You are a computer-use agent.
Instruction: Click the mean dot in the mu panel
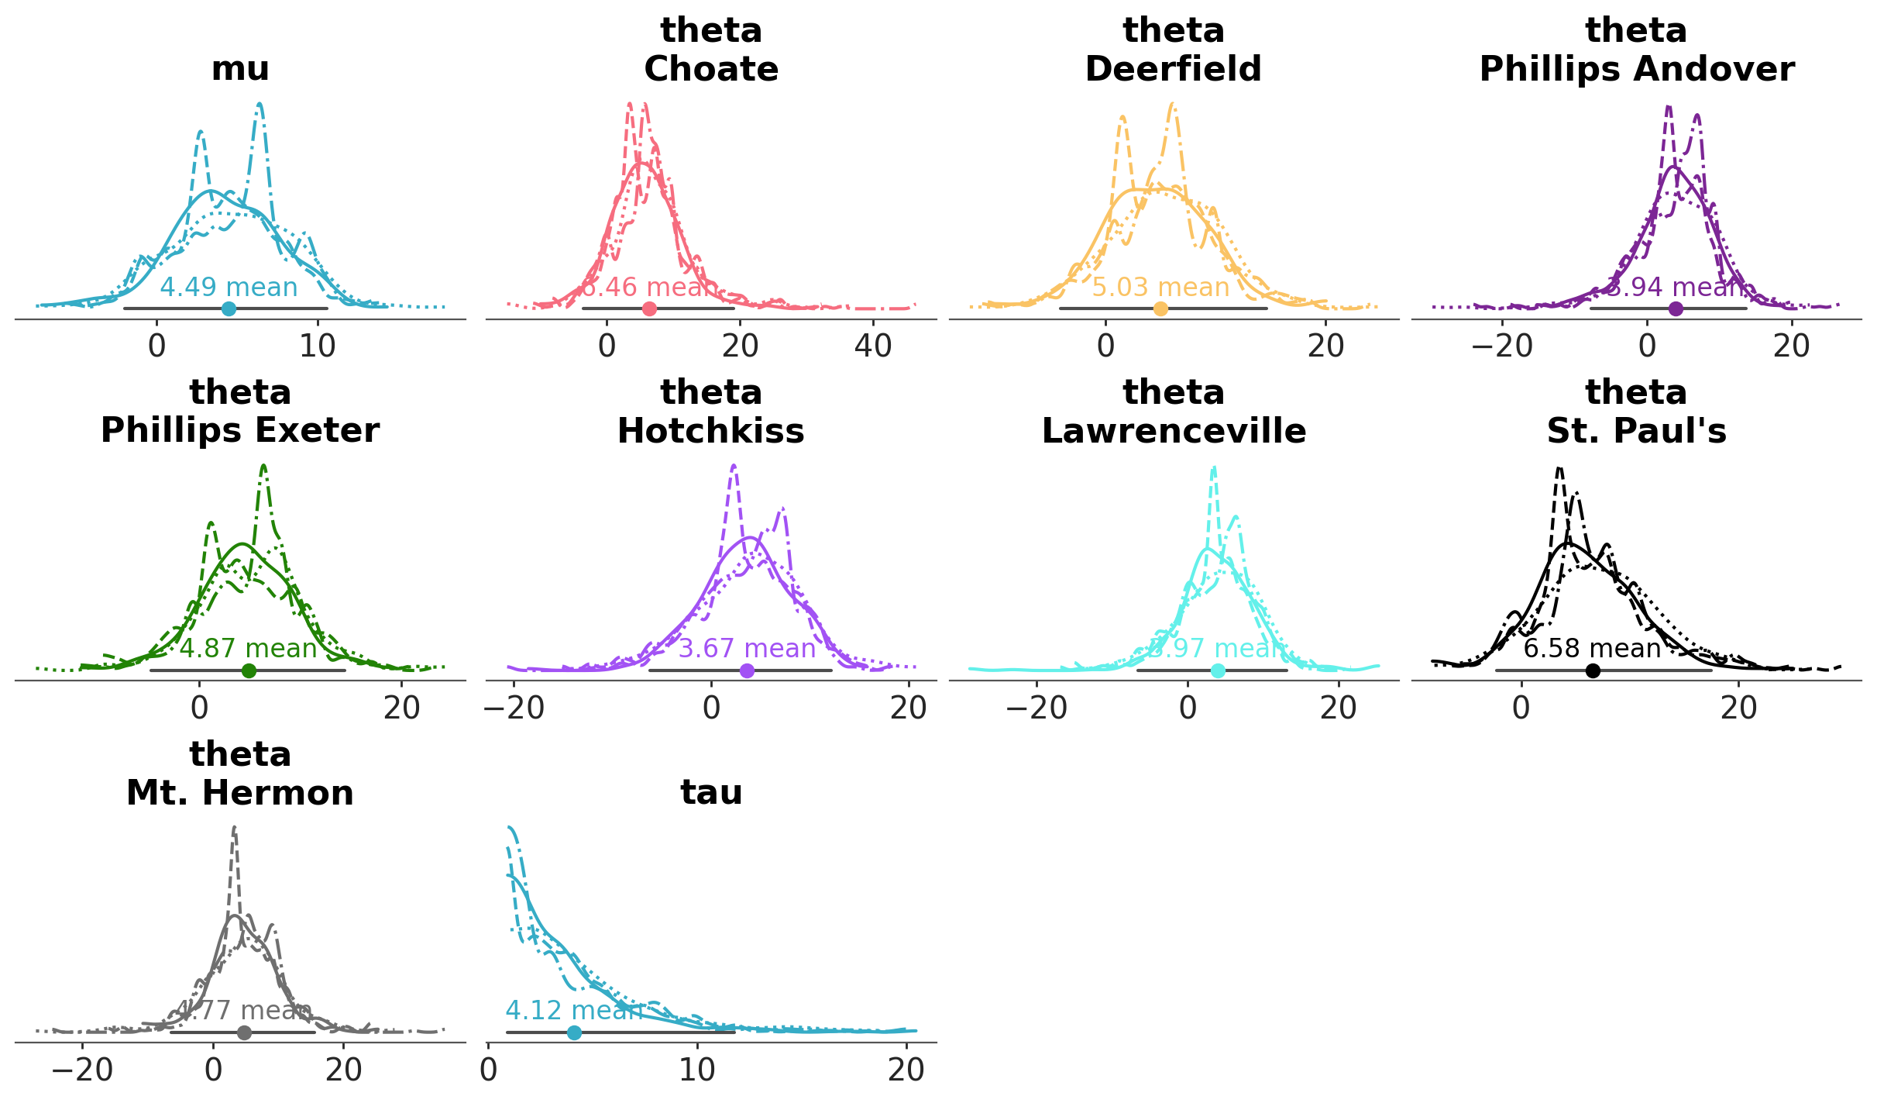(x=229, y=308)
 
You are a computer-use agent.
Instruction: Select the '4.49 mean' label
(x=229, y=288)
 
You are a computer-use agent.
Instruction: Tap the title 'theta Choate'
(x=711, y=50)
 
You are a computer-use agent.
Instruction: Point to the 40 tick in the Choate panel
(x=873, y=346)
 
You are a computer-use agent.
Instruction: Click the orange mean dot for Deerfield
(x=1160, y=308)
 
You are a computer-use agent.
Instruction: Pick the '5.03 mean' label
(x=1160, y=288)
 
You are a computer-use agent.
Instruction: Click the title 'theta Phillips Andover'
(x=1637, y=50)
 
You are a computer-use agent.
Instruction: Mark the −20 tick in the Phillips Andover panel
(x=1503, y=346)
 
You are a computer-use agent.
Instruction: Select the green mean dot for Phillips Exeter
(x=249, y=670)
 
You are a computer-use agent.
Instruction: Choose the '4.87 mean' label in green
(x=249, y=649)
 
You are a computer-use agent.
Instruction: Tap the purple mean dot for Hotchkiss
(x=747, y=670)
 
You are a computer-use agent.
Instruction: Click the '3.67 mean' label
(x=747, y=649)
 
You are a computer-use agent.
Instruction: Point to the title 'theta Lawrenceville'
(x=1174, y=412)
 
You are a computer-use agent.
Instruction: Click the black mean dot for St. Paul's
(x=1593, y=670)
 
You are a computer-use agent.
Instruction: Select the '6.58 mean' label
(x=1593, y=649)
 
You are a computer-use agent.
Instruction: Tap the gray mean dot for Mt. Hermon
(x=244, y=1032)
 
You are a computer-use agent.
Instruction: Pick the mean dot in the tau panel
(x=574, y=1032)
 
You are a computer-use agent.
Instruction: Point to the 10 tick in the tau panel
(x=697, y=1070)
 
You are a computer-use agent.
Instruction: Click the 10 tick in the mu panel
(x=318, y=346)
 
